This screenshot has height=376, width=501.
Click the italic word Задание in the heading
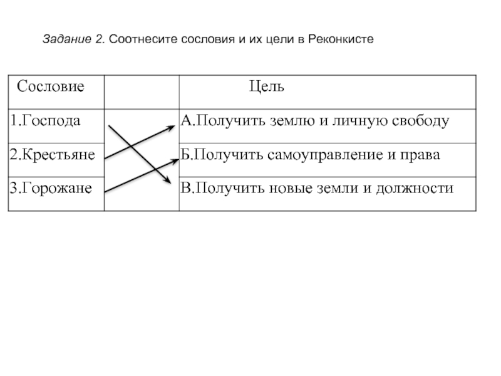[67, 39]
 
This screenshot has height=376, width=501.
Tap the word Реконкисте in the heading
[341, 39]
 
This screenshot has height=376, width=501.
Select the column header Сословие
[51, 86]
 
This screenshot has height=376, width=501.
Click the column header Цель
[267, 86]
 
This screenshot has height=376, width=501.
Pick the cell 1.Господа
[45, 120]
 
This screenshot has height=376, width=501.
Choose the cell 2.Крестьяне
[53, 154]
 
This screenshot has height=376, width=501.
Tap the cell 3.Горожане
[51, 188]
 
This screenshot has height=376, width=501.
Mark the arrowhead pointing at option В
[168, 180]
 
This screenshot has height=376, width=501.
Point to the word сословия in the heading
[208, 39]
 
